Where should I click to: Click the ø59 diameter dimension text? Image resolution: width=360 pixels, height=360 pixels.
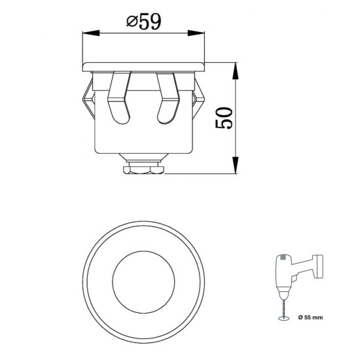coord(144,22)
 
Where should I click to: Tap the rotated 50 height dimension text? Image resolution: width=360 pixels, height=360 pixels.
coord(224,119)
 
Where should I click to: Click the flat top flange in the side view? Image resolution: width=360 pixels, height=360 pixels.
coord(144,66)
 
